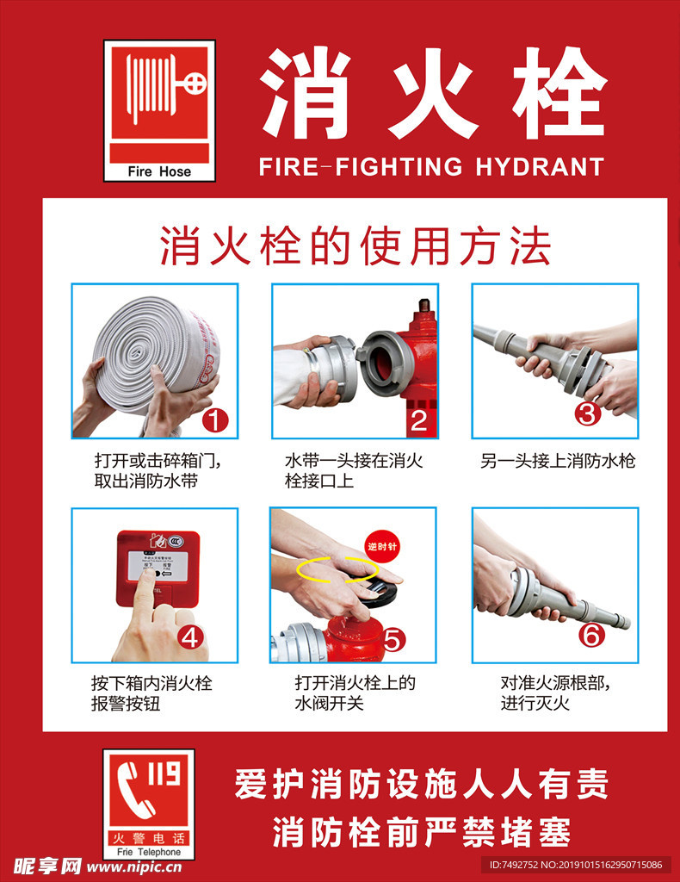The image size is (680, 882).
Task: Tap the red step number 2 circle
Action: point(418,420)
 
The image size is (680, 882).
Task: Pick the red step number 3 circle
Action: point(588,413)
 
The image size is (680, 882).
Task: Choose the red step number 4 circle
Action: point(191,637)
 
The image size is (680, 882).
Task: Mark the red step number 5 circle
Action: point(393,639)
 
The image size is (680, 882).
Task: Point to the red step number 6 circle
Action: point(593,636)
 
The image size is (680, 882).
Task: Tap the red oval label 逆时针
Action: point(384,546)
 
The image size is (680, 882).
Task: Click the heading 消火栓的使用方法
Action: point(355,246)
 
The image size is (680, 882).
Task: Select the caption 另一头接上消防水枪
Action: point(558,462)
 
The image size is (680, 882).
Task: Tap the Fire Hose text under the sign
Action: point(159,171)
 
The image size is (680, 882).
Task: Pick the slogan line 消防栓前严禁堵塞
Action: point(421,832)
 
